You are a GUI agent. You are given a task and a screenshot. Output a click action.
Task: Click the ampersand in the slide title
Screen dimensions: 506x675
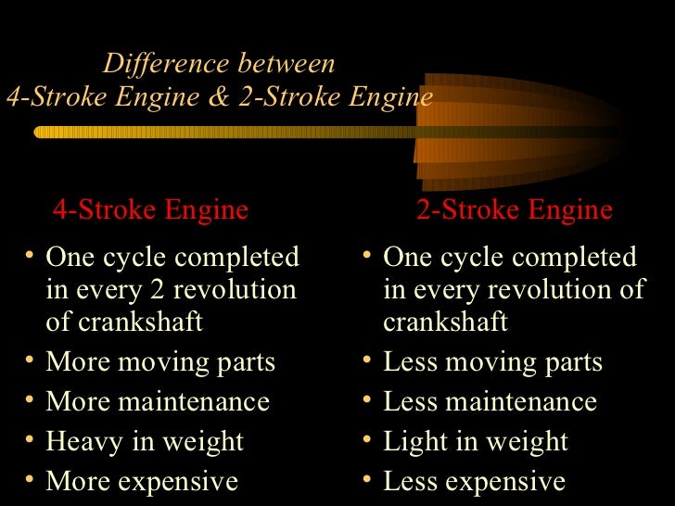coord(219,98)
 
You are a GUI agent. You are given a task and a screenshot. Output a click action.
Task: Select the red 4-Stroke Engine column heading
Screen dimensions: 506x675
coord(150,210)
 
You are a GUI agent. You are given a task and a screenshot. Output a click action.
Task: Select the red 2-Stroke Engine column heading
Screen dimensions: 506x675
coord(515,210)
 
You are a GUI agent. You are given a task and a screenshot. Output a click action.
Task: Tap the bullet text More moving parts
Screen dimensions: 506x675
coord(160,362)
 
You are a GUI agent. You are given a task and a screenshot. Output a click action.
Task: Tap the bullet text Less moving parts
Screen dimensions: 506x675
coord(492,362)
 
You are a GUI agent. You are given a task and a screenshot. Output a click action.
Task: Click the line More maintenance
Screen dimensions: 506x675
coord(158,402)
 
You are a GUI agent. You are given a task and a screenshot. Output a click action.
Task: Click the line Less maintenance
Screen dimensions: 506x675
coord(490,402)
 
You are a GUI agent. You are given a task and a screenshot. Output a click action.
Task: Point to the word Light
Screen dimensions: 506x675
coord(414,442)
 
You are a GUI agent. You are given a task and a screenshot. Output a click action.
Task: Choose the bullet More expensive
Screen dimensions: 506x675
coord(142,482)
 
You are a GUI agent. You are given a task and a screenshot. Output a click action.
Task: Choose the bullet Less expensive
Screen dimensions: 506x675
coord(474,482)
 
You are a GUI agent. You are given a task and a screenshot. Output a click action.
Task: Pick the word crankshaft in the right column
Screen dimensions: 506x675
coord(445,323)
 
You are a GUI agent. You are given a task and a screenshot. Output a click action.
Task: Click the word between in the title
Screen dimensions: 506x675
coord(287,65)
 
